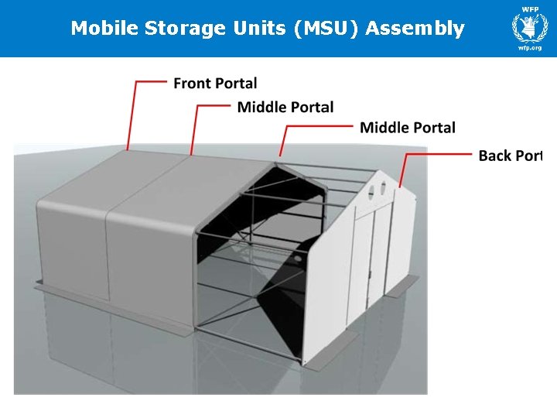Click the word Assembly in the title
click(x=415, y=29)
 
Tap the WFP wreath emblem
click(x=529, y=27)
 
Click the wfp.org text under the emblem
click(x=529, y=47)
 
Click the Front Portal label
click(x=215, y=83)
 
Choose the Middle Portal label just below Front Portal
click(x=285, y=107)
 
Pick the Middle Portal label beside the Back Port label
click(x=408, y=127)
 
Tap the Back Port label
click(x=510, y=156)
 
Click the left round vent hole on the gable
click(x=370, y=187)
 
